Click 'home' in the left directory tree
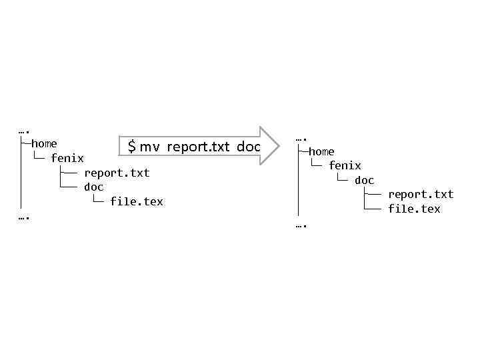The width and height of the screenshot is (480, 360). [44, 143]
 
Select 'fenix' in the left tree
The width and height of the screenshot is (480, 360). [67, 158]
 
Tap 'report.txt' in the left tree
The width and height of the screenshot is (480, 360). [117, 173]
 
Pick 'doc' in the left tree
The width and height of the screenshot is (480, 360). [94, 187]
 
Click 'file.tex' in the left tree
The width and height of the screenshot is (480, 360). [137, 201]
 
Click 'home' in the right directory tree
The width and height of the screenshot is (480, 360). [321, 151]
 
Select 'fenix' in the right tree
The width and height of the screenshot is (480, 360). [345, 165]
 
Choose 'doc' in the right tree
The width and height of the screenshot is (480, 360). [365, 180]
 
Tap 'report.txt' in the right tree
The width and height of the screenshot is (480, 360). [421, 194]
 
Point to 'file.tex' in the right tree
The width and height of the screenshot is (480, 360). [414, 209]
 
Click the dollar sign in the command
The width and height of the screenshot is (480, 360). [132, 146]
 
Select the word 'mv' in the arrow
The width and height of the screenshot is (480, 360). [150, 147]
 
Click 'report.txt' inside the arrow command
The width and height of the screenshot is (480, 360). [198, 146]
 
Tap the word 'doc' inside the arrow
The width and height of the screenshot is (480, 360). [248, 146]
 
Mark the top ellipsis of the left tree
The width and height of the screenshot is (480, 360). [25, 131]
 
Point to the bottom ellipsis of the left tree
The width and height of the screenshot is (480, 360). [25, 217]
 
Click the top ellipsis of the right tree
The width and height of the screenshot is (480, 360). [302, 139]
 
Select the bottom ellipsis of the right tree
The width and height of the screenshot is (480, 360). [302, 225]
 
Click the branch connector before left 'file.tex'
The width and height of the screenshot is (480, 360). [97, 200]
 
